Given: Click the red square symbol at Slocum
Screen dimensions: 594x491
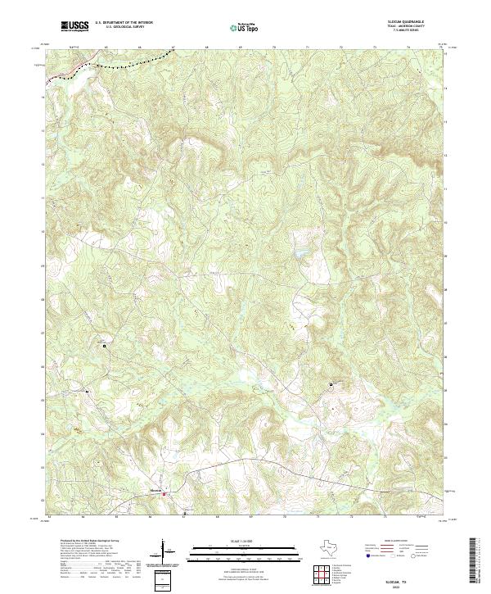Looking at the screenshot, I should click(163, 494).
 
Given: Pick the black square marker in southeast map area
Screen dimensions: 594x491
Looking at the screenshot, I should click(331, 384).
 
